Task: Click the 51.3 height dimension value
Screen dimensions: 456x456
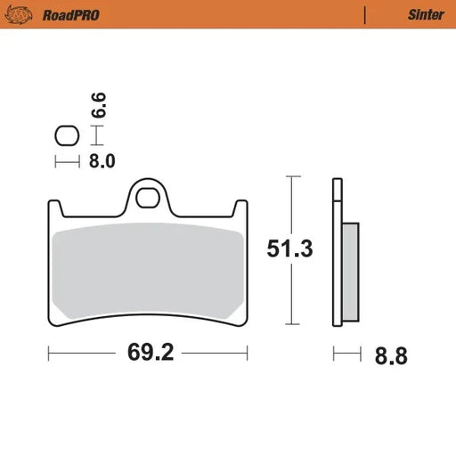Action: [x=291, y=250]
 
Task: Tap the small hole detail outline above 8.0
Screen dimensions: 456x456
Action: [x=66, y=136]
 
